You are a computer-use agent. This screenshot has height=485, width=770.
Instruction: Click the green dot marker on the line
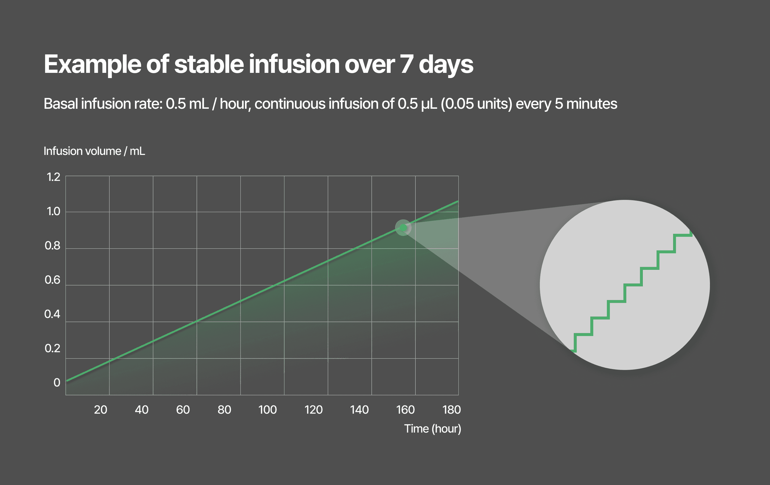403,228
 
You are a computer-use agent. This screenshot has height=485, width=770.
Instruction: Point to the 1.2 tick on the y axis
53,177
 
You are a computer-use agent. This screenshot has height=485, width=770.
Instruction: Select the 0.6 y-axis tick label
52,280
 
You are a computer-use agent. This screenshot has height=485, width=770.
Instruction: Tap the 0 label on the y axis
57,383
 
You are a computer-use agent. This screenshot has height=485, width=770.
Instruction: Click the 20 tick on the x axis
100,410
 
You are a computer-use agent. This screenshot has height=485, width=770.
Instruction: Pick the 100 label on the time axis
267,410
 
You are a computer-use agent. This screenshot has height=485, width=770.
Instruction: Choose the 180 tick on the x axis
451,410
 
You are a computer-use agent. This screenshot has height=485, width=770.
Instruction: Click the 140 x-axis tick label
359,410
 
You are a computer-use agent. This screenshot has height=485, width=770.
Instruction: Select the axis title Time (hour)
432,429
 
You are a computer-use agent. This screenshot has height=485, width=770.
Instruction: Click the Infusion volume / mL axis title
94,151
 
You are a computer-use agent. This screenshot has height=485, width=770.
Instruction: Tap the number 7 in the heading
407,64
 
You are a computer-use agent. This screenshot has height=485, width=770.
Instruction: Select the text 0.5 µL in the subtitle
417,104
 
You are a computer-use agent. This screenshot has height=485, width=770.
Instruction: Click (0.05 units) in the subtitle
476,104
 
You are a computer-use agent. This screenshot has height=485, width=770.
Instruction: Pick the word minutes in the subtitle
591,104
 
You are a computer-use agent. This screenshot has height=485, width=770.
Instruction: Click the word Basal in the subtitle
61,104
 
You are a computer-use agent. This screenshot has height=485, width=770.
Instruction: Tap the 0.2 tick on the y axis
52,349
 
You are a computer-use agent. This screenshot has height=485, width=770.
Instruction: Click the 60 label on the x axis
183,410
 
